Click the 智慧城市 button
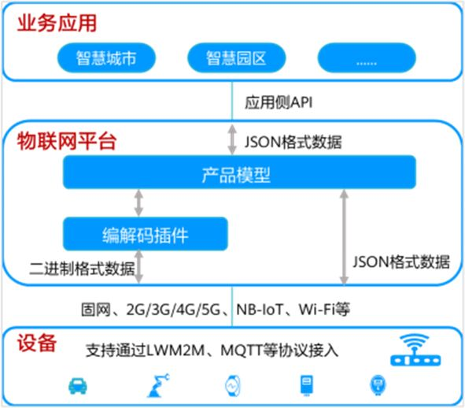click(x=106, y=57)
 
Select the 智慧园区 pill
click(x=236, y=57)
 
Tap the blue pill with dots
click(x=367, y=57)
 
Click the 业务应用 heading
click(x=57, y=23)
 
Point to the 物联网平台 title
click(x=66, y=141)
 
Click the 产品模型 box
click(x=239, y=172)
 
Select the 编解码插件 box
click(x=146, y=234)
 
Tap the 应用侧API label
click(x=279, y=102)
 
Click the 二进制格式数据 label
click(x=82, y=269)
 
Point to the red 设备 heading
click(x=37, y=343)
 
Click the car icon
click(x=78, y=385)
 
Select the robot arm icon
click(x=158, y=385)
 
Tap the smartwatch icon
click(x=233, y=385)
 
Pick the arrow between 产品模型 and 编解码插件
click(x=138, y=202)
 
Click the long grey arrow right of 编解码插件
click(x=344, y=237)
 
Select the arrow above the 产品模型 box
click(x=232, y=139)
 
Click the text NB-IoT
click(x=260, y=310)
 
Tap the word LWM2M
click(x=175, y=351)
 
